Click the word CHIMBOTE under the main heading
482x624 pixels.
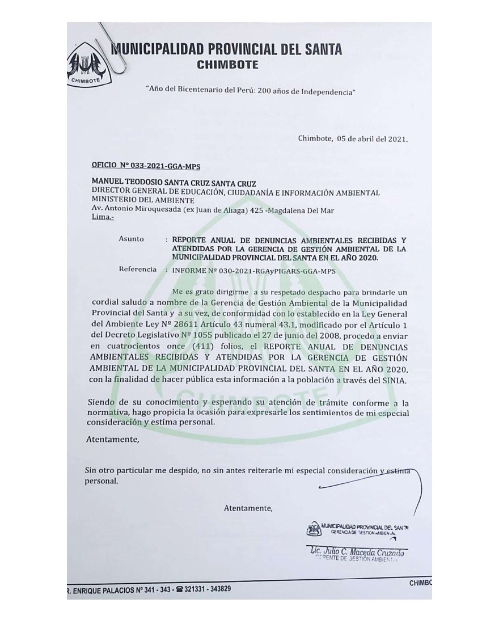click(x=227, y=65)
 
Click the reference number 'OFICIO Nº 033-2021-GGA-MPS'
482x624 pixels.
click(x=146, y=166)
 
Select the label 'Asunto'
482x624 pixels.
click(x=131, y=239)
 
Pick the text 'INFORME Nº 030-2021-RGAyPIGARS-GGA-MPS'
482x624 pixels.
click(x=253, y=271)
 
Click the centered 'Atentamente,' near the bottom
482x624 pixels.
click(x=248, y=507)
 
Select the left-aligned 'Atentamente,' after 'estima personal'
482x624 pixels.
click(x=112, y=440)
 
